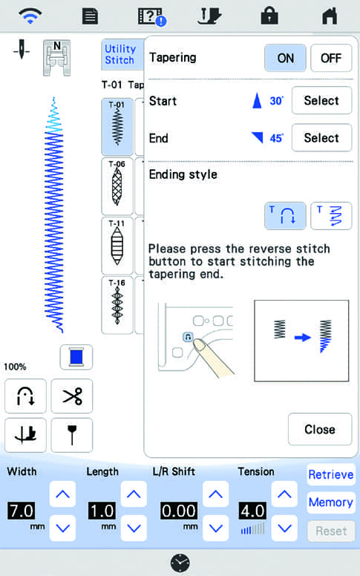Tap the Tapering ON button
[x=285, y=58]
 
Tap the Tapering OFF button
[x=331, y=58]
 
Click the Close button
[x=320, y=429]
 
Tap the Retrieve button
[x=331, y=474]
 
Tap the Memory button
[x=331, y=503]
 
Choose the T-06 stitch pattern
[x=117, y=186]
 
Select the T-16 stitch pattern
[x=117, y=305]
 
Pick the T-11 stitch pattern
[x=117, y=246]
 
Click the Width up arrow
[x=62, y=494]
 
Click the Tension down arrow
[x=284, y=528]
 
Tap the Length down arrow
[x=134, y=528]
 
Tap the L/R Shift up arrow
[x=216, y=494]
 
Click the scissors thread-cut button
[x=72, y=396]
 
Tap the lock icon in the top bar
[x=269, y=16]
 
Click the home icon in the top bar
[x=330, y=16]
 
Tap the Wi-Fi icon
[x=30, y=16]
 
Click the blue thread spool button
[x=76, y=357]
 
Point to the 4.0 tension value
[x=252, y=511]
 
